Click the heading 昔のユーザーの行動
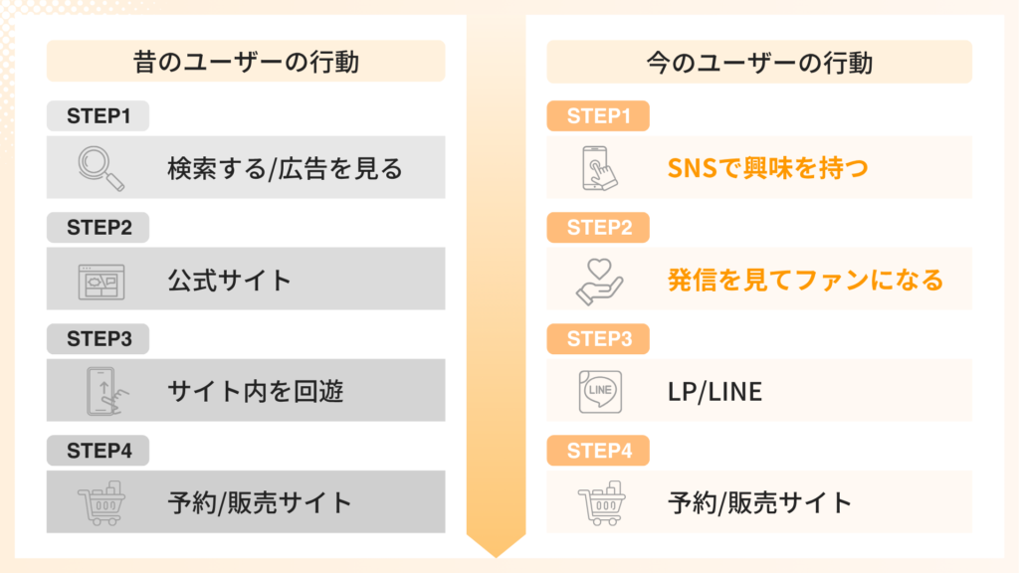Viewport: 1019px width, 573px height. tap(246, 63)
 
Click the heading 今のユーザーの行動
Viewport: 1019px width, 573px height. tap(759, 63)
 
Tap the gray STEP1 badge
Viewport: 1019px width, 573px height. tap(99, 116)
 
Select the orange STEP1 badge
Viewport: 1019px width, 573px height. tap(599, 116)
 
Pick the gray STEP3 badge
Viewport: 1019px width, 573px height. tap(99, 339)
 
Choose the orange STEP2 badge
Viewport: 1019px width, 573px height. tap(599, 228)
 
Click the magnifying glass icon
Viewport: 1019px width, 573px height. tap(102, 168)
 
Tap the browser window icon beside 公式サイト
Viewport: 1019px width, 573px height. tap(102, 280)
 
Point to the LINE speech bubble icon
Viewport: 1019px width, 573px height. tap(600, 391)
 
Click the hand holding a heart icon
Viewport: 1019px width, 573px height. tap(600, 280)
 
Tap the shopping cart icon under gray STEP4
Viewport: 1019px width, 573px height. tap(102, 502)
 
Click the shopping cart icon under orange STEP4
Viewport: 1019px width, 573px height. tap(600, 502)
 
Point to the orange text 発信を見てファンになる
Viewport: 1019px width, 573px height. tap(805, 281)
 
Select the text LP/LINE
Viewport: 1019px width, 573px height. tap(714, 392)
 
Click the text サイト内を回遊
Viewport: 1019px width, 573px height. tap(256, 392)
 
